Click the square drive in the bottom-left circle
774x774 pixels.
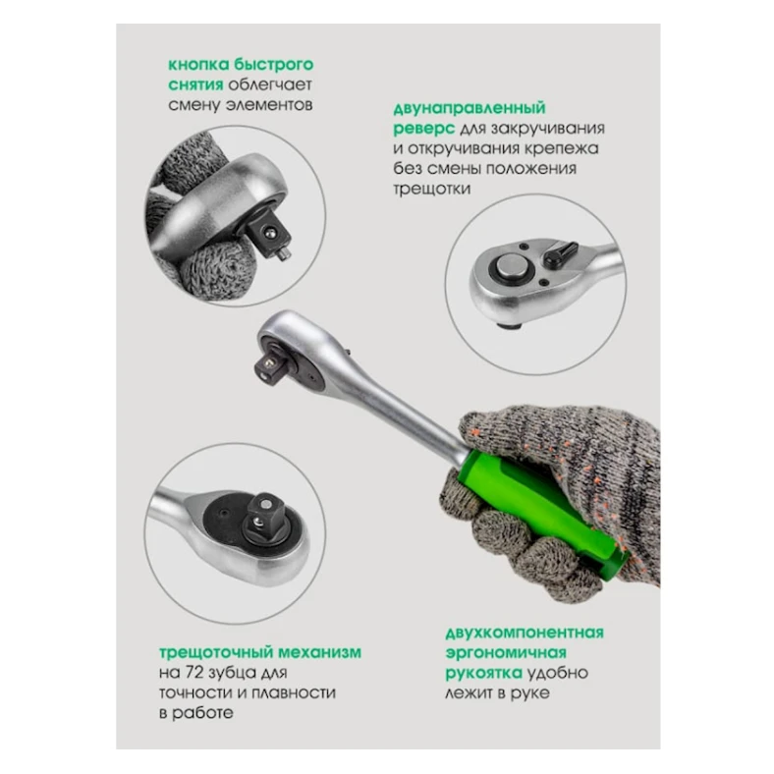pyautogui.click(x=262, y=514)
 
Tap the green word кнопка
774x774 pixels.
pyautogui.click(x=198, y=65)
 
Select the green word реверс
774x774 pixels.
pyautogui.click(x=424, y=129)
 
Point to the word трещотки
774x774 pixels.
pyautogui.click(x=432, y=189)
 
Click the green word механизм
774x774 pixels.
pyautogui.click(x=320, y=652)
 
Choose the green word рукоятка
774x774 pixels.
pyautogui.click(x=483, y=673)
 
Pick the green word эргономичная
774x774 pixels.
pyautogui.click(x=506, y=653)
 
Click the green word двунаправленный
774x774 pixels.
pyautogui.click(x=470, y=108)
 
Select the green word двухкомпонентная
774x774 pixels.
pyautogui.click(x=525, y=633)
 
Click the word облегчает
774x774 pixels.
pyautogui.click(x=270, y=84)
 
